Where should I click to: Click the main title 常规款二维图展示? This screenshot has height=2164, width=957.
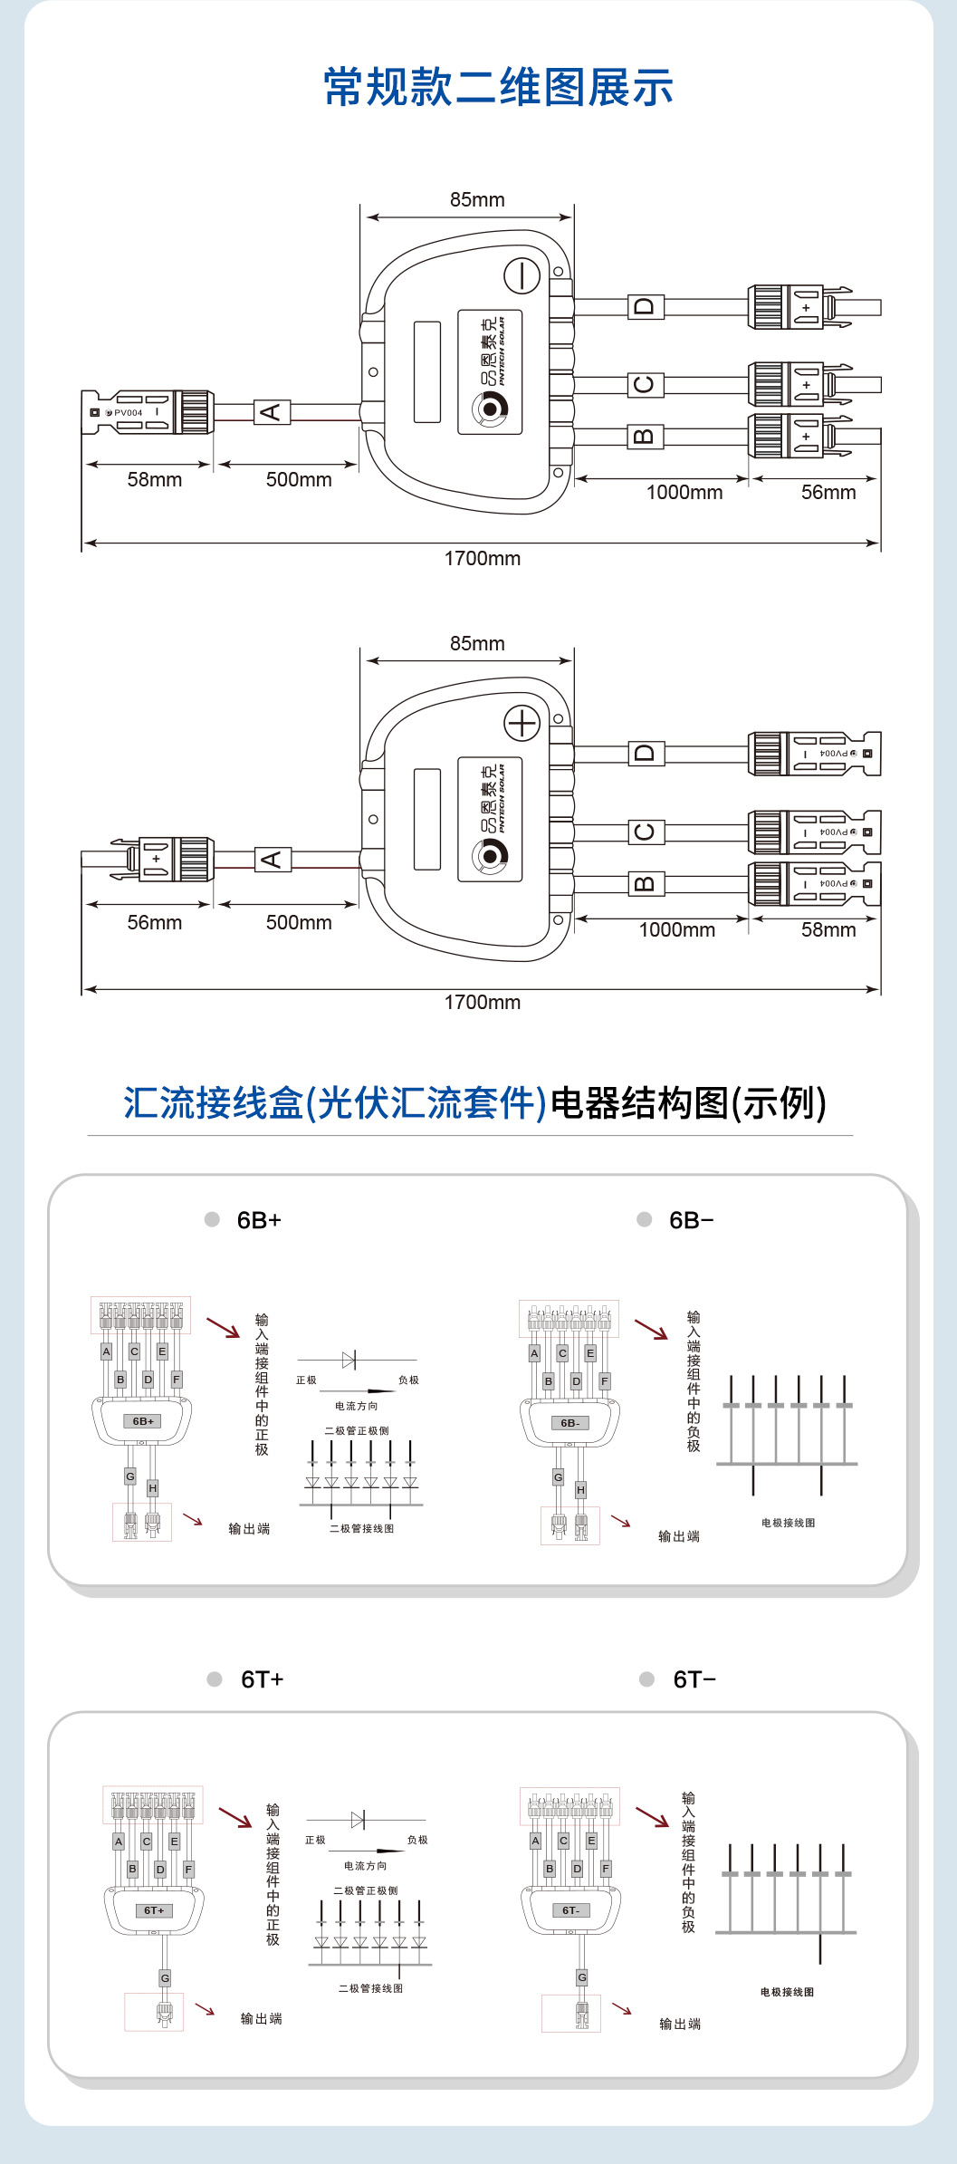point(498,88)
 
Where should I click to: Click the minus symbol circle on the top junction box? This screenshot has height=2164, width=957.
point(522,275)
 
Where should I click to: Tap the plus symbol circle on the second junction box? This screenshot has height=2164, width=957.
point(522,723)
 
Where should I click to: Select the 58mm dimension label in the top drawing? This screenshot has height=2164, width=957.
point(154,480)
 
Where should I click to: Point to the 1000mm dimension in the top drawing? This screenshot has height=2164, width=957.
point(684,493)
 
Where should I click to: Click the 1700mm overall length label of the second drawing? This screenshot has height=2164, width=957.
point(482,1003)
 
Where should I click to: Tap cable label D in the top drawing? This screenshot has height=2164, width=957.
point(646,306)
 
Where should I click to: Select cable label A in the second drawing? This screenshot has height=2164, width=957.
point(273,859)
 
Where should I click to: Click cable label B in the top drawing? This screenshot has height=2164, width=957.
point(646,437)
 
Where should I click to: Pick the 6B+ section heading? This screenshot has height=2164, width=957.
point(259,1220)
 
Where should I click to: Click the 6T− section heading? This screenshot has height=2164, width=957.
point(694,1679)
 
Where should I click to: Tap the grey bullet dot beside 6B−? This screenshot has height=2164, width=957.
point(645,1219)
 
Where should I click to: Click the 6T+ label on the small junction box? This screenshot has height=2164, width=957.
point(154,1910)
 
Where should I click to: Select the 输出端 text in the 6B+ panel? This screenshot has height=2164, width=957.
point(249,1529)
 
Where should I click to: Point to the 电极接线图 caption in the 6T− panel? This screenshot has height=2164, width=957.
point(787,1992)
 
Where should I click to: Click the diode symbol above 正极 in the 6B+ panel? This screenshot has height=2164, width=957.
point(349,1360)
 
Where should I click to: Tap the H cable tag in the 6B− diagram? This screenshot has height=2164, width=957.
point(580,1489)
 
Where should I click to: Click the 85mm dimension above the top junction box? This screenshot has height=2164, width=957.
point(477,200)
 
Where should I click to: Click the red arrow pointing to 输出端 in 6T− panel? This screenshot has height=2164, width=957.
point(622,2009)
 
